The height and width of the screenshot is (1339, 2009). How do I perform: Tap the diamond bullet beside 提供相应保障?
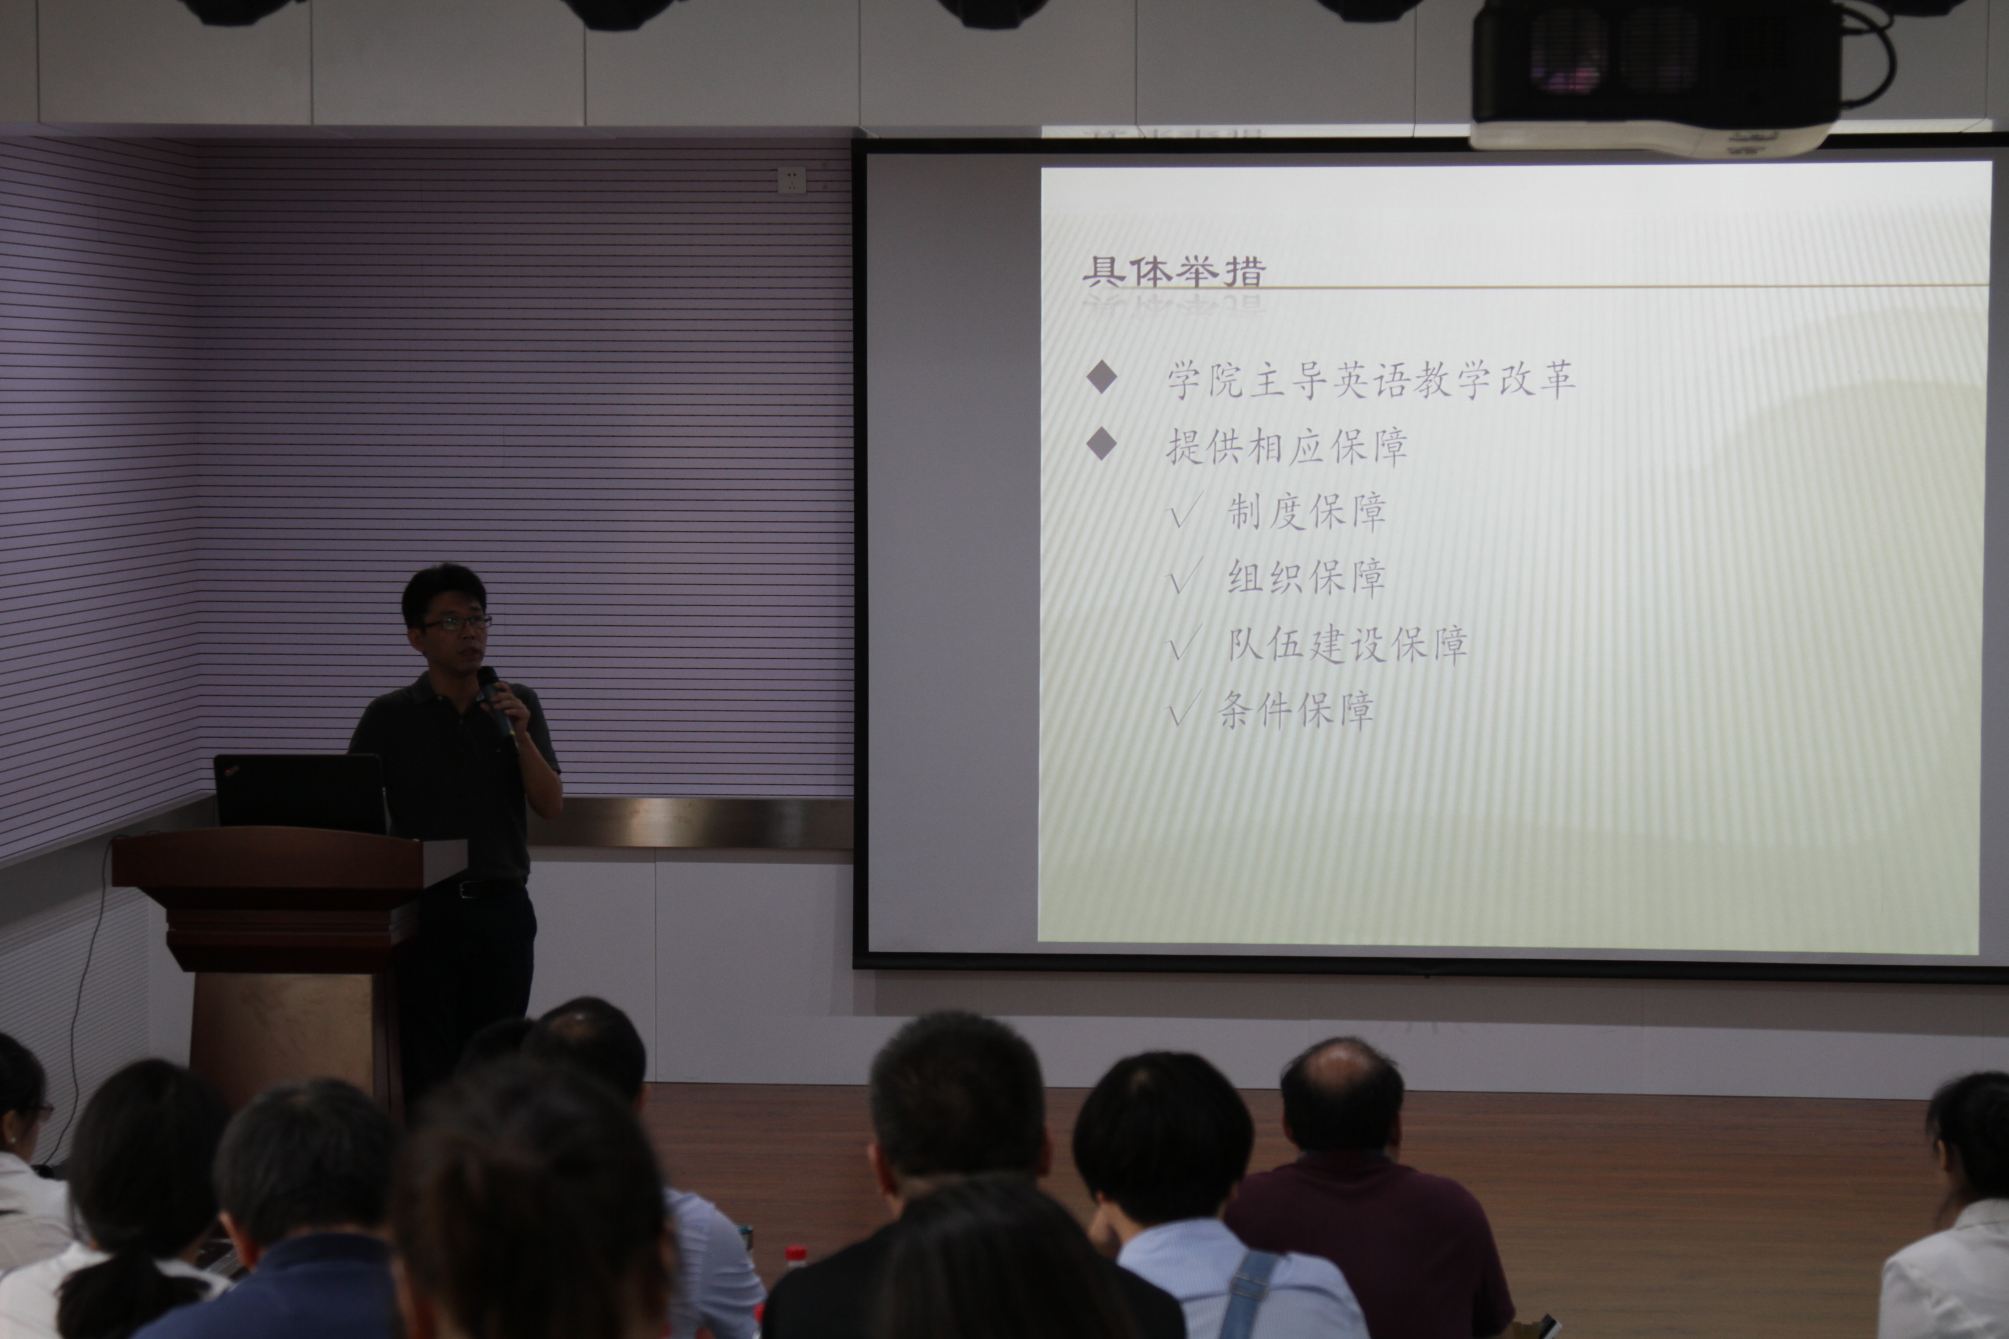click(x=1102, y=443)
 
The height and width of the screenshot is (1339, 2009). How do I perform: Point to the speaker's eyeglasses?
click(x=455, y=623)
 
